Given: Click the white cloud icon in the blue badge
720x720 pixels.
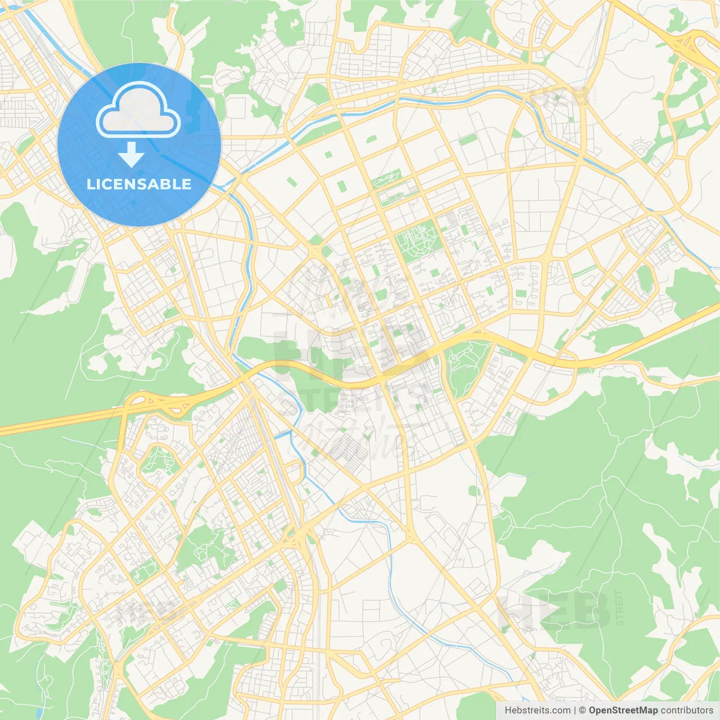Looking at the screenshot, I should click(138, 110).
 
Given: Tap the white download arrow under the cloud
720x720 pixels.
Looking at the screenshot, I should click(131, 155).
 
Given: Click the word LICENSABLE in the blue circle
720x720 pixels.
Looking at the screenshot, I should click(139, 184).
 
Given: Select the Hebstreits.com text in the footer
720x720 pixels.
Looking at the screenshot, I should click(537, 710).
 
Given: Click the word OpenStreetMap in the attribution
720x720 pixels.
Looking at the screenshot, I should click(623, 710).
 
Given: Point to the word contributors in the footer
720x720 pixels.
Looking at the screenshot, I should click(687, 710).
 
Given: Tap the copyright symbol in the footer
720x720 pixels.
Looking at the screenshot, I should click(583, 710).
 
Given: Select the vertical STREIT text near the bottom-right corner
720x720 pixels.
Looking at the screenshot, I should click(619, 608).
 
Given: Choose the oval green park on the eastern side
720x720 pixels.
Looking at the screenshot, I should click(645, 278).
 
